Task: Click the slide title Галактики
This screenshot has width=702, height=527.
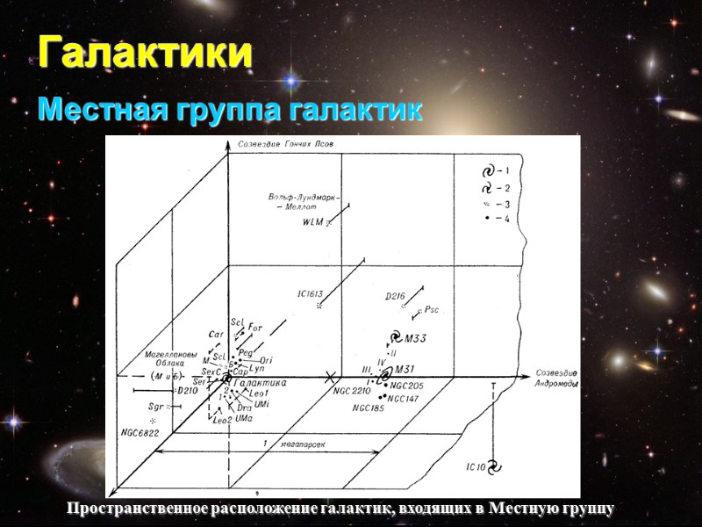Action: [145, 53]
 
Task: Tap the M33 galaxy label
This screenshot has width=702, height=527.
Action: [415, 339]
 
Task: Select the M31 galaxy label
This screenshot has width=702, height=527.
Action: [405, 368]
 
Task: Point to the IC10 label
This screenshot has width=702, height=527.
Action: [476, 466]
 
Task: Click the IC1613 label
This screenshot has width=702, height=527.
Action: [311, 294]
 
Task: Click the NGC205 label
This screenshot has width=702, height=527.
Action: [407, 386]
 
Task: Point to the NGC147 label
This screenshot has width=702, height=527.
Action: [405, 399]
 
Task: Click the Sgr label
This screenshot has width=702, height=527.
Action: [157, 408]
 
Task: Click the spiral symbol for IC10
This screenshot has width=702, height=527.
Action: [494, 466]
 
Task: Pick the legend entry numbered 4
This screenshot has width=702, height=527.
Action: [496, 218]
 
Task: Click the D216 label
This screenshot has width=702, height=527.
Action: [395, 297]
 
